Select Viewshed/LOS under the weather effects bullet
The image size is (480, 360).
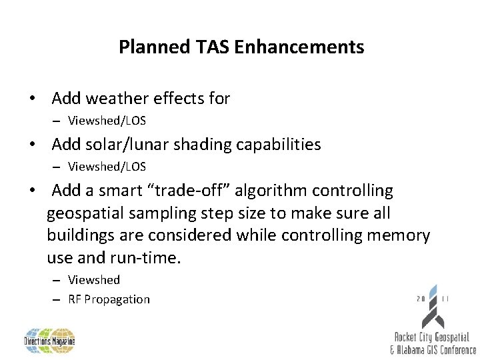107,121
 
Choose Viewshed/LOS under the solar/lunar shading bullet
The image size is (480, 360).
107,167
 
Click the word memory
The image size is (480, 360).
397,236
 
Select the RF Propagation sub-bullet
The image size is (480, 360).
109,299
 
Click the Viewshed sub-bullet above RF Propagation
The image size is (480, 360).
94,280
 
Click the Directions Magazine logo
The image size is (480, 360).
50,341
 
